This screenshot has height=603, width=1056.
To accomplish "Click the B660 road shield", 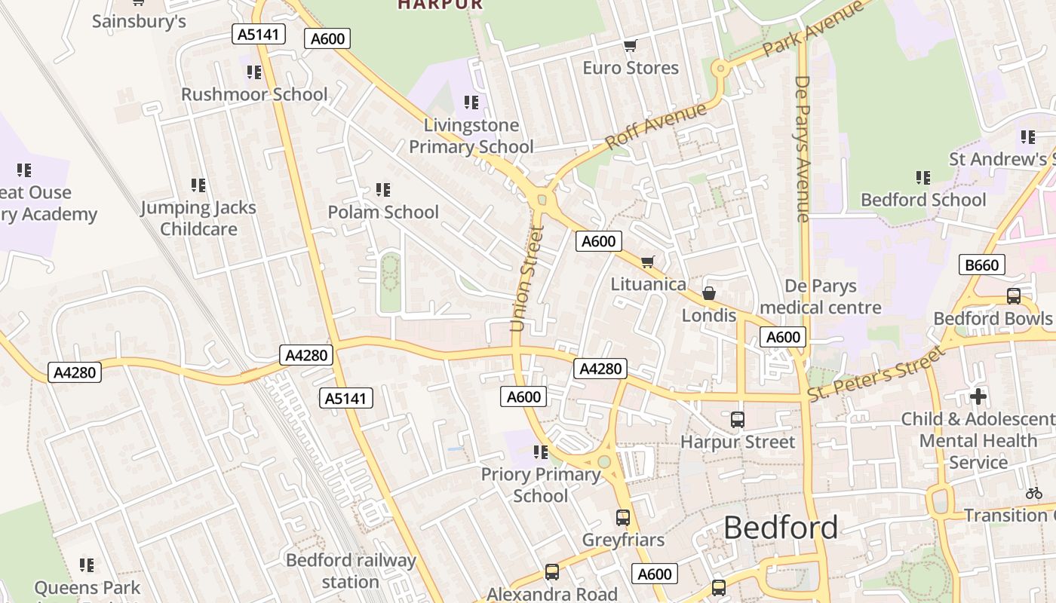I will tap(981, 265).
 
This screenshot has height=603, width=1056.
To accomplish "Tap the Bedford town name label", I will tap(780, 528).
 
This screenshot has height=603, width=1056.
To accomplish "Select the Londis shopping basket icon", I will tap(708, 292).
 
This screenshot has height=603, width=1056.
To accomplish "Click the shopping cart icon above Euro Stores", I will tap(630, 46).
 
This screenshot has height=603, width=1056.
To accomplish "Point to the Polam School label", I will tap(382, 212).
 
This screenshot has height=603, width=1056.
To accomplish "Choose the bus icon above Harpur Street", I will tap(737, 419).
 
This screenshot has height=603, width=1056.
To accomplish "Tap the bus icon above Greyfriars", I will tap(622, 518).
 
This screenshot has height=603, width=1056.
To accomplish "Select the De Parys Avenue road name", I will tap(803, 148).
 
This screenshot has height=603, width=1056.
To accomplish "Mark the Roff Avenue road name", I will tap(655, 125).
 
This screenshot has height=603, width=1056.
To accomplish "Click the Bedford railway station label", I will tap(351, 571).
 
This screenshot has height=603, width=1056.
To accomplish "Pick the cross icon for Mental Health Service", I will tap(978, 396).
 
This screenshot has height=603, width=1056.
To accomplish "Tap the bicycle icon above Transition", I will tap(1033, 493).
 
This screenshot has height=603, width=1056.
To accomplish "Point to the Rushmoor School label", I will tap(254, 94).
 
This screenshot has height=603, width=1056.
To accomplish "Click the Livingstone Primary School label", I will tap(471, 136).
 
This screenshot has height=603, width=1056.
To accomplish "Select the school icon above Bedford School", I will tap(923, 178).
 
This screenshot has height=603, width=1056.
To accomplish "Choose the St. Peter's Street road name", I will tap(875, 373).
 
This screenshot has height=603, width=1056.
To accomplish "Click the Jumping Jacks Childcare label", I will tap(198, 218).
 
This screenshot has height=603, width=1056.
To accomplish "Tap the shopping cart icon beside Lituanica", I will tap(647, 262).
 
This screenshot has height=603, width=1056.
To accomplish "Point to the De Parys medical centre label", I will tap(821, 296).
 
